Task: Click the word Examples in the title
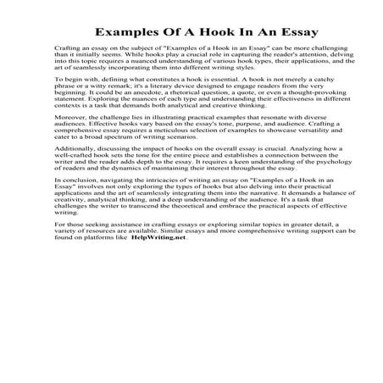click(x=126, y=35)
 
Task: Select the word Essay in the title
click(x=270, y=35)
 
